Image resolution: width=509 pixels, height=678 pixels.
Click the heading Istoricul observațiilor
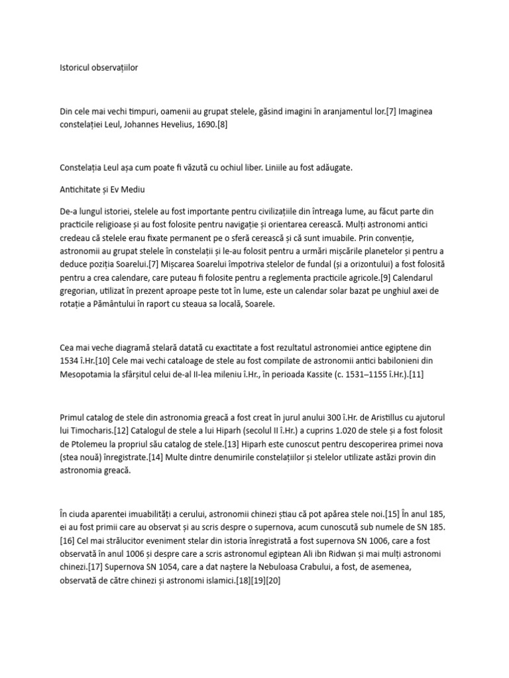point(99,68)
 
